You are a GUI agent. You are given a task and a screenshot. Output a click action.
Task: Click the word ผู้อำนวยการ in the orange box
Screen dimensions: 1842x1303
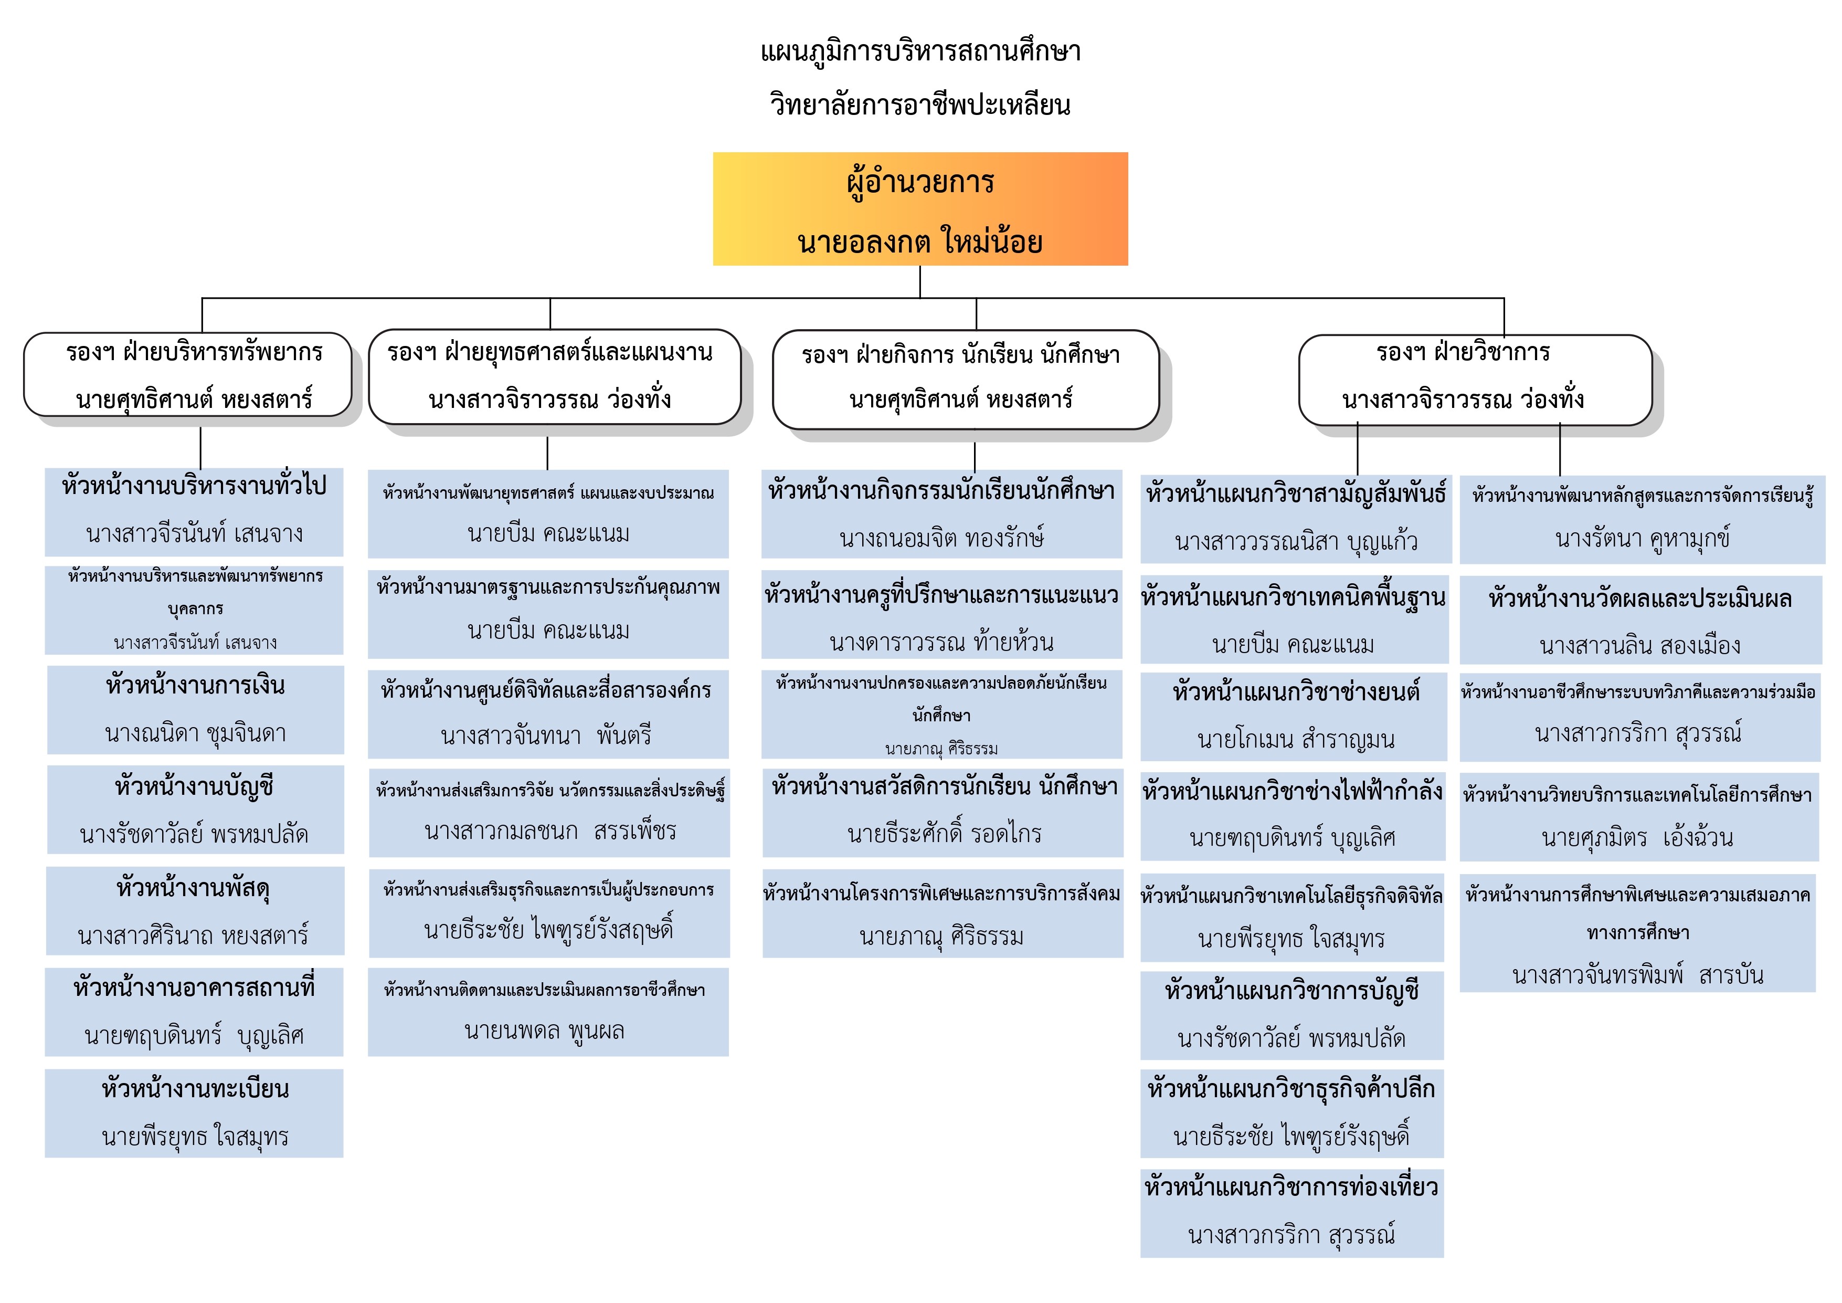pos(920,182)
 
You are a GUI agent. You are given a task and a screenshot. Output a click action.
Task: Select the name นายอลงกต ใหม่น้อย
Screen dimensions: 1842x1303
pos(920,240)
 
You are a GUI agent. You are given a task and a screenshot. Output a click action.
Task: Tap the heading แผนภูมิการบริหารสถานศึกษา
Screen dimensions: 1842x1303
pos(920,52)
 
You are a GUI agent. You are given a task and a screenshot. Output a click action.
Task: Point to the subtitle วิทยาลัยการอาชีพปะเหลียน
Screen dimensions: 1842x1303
pos(920,104)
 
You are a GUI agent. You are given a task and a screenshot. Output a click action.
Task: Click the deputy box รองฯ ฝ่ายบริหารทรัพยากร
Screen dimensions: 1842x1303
pos(188,375)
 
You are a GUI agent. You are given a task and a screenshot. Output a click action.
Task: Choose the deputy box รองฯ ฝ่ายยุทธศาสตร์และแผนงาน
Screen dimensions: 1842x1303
pos(554,376)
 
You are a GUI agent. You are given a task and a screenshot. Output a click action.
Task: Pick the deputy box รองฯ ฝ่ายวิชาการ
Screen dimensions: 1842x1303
pos(1475,380)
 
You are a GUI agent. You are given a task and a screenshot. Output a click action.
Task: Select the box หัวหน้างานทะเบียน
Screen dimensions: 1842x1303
pos(194,1113)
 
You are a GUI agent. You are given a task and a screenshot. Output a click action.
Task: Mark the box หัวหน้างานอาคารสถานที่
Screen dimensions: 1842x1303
pos(194,1012)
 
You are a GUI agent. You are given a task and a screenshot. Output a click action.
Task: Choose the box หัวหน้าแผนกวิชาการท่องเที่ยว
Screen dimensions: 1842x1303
pos(1293,1213)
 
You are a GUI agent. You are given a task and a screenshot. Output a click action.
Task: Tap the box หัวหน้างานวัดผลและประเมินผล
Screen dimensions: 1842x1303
pos(1640,620)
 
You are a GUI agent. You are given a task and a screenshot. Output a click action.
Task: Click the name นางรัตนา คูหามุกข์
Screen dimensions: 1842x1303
pos(1642,539)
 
